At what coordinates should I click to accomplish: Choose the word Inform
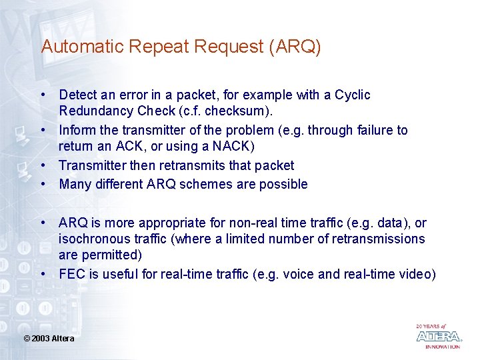(x=76, y=131)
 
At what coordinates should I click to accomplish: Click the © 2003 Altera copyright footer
(x=49, y=339)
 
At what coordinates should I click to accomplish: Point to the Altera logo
(x=439, y=336)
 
